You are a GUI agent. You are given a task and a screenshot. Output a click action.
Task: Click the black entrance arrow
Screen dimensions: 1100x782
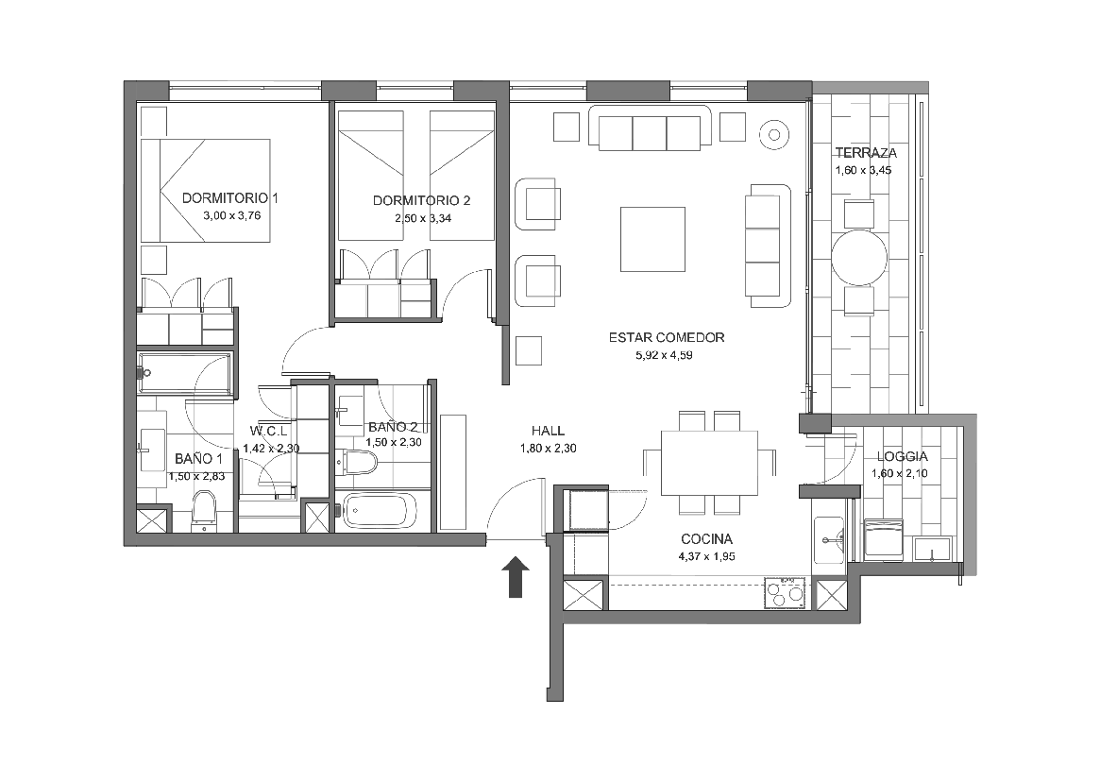point(516,577)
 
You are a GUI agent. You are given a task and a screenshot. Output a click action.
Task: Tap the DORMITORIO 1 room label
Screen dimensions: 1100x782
point(230,198)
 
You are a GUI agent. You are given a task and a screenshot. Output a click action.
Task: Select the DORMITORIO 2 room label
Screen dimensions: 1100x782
point(422,201)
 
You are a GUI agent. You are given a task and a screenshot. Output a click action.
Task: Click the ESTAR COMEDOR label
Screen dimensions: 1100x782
point(667,338)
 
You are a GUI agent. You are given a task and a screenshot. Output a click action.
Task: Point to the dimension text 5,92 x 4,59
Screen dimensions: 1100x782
point(665,355)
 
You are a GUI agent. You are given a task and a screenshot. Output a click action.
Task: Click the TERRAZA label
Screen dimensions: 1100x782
point(866,153)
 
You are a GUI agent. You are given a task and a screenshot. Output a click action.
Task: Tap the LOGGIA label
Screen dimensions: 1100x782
point(902,456)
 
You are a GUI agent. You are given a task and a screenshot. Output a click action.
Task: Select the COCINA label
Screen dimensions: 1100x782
point(706,539)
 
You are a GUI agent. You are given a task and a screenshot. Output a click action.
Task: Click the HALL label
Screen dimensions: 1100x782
point(548,431)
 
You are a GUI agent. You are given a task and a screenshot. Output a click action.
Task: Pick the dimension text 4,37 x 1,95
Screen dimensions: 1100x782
point(706,556)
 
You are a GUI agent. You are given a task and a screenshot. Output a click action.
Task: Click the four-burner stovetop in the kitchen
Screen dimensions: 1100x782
point(786,593)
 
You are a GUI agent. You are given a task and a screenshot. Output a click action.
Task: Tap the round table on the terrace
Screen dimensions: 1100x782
point(859,257)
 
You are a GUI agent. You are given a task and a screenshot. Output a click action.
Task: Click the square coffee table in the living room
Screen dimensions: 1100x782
point(652,239)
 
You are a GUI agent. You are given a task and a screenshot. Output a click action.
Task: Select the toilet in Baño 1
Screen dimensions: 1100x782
point(204,509)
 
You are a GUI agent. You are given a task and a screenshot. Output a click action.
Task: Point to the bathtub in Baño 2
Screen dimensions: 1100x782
point(379,510)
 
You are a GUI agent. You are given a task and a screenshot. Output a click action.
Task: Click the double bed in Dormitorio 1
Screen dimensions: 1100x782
point(206,190)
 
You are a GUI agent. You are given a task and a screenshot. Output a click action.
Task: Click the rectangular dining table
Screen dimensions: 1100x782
point(709,463)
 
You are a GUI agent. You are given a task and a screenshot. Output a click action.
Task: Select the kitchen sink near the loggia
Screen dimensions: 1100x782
point(830,540)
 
